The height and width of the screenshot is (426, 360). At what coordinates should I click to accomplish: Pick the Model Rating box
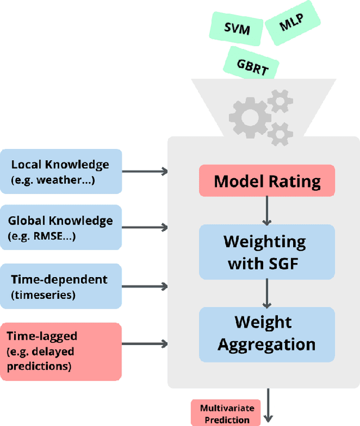click(267, 181)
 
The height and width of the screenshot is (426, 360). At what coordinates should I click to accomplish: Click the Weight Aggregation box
click(267, 334)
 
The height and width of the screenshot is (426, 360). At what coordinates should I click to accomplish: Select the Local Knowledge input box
click(60, 171)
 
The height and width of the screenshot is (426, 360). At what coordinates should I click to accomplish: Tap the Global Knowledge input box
click(60, 228)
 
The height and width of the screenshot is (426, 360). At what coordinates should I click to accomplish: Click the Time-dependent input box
click(60, 285)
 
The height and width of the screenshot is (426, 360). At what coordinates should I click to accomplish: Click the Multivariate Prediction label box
click(227, 413)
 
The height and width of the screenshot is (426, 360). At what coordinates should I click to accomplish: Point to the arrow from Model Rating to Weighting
click(267, 210)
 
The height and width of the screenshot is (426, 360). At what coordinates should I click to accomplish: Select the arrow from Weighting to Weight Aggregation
click(267, 293)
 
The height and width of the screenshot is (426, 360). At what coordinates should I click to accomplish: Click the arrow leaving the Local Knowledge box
click(145, 171)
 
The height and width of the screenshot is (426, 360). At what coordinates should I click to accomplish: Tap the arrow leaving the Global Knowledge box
click(145, 228)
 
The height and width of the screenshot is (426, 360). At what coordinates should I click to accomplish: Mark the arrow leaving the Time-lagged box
click(145, 343)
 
